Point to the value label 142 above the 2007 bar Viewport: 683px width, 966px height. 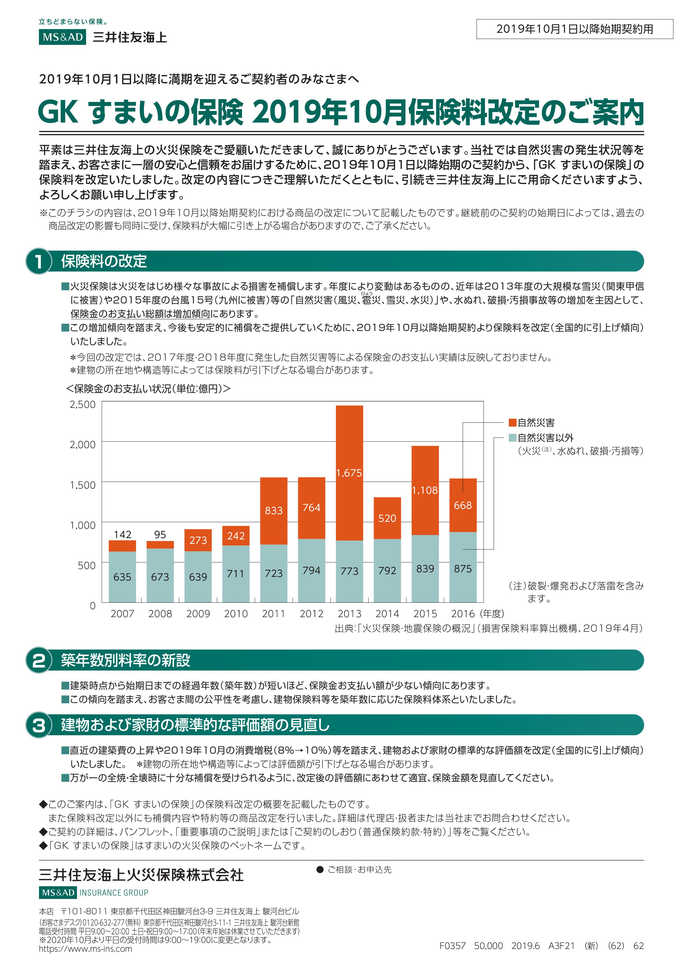pos(123,534)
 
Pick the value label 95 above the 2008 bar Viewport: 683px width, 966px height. pos(160,534)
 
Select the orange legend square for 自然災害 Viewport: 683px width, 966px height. pos(512,422)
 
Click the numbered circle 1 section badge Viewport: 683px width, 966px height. pos(39,261)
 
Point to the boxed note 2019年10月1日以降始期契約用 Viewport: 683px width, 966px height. pos(575,29)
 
